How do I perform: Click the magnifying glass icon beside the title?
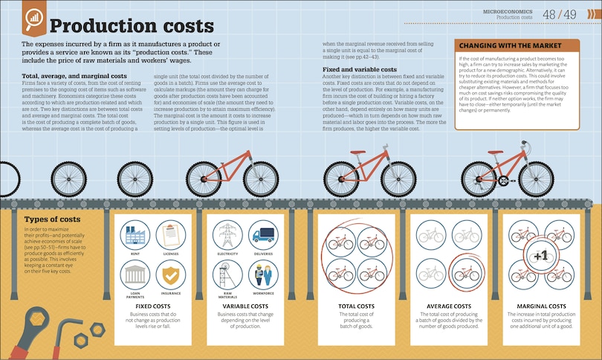point(33,22)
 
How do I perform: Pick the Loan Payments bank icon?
point(135,275)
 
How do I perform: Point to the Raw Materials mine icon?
point(227,275)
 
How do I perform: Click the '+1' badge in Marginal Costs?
point(540,256)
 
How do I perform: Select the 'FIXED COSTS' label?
point(152,306)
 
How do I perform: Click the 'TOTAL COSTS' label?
point(355,306)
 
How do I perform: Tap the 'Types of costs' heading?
point(52,219)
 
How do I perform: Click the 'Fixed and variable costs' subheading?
point(360,69)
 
